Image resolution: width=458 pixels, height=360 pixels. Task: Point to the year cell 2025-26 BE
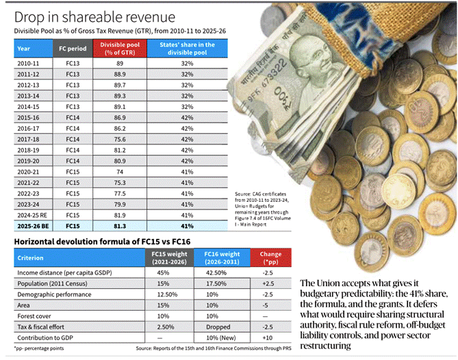point(31,225)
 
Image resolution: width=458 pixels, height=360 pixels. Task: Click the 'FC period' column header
point(71,49)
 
